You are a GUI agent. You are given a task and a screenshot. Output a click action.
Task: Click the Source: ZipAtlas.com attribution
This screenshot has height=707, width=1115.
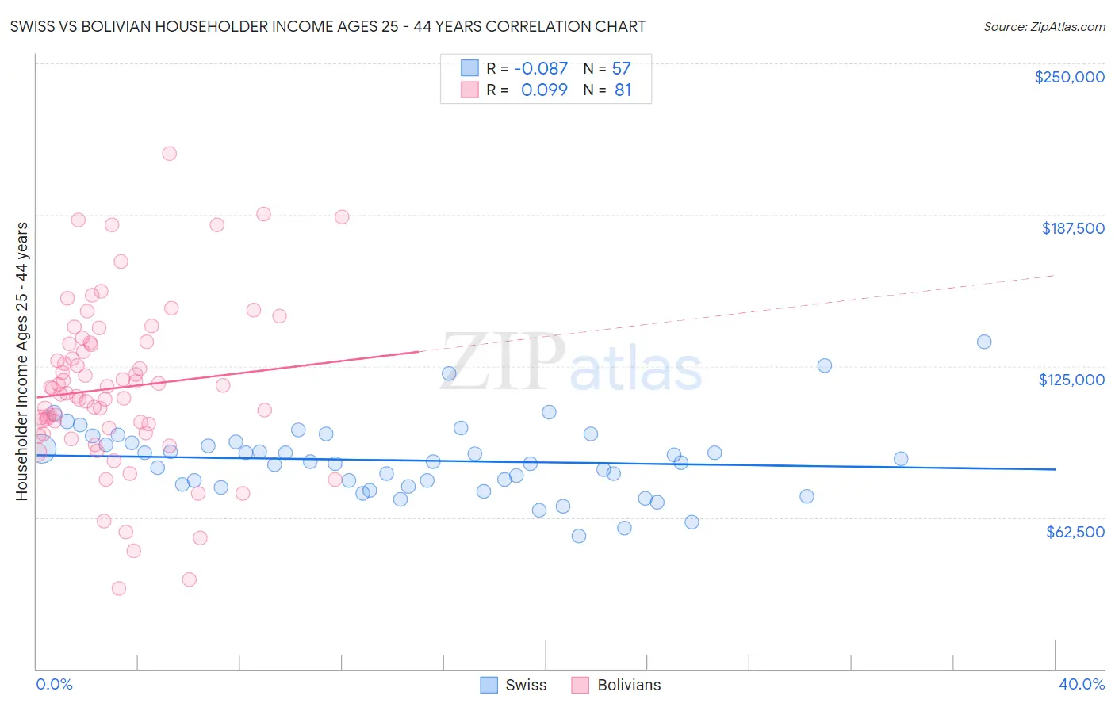click(x=1044, y=26)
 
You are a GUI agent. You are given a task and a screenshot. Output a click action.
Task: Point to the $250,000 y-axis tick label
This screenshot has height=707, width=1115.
click(x=1069, y=77)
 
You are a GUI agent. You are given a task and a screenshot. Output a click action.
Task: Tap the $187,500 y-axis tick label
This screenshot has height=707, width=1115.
click(x=1072, y=228)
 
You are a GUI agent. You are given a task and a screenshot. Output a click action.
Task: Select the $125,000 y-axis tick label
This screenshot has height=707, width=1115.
click(x=1071, y=380)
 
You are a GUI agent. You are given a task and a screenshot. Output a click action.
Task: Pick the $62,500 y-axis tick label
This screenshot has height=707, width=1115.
click(x=1075, y=532)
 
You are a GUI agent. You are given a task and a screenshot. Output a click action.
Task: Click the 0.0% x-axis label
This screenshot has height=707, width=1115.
click(x=54, y=684)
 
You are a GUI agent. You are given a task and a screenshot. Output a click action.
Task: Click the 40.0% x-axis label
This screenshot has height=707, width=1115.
click(x=1081, y=684)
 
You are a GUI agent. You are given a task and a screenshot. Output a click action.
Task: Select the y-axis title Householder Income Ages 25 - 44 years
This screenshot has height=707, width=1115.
click(x=21, y=361)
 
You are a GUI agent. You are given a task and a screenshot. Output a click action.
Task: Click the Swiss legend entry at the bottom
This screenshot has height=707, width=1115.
click(x=514, y=685)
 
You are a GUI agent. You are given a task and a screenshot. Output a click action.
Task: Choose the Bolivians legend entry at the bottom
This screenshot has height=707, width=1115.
click(x=615, y=685)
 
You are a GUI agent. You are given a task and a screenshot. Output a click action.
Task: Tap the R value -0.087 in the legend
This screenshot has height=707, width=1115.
click(x=540, y=68)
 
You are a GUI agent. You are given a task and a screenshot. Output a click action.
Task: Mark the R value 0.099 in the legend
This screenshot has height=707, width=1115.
click(x=543, y=90)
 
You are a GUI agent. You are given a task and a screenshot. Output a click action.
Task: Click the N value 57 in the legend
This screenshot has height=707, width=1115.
click(x=621, y=68)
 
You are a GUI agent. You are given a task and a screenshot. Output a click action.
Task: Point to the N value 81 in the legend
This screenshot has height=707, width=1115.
click(x=623, y=90)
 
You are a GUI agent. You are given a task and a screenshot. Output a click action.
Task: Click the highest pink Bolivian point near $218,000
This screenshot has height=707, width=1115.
click(x=169, y=154)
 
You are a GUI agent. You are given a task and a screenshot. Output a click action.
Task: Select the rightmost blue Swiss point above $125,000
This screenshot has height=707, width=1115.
click(x=983, y=342)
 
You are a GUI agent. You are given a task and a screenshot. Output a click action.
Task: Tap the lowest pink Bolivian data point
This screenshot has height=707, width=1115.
click(x=119, y=588)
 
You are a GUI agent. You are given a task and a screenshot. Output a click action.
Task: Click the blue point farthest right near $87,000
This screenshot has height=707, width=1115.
click(x=901, y=459)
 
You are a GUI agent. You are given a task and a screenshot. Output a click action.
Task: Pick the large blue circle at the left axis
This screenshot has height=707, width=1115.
click(x=41, y=449)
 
